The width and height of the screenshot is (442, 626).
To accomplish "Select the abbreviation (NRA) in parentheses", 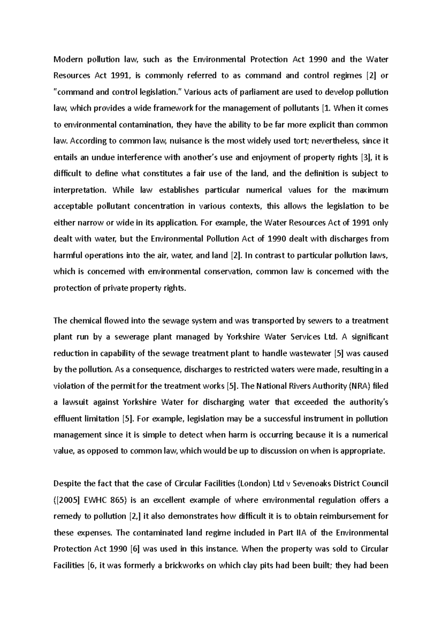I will [359, 386].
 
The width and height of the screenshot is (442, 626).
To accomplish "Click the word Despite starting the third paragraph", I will [67, 483].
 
